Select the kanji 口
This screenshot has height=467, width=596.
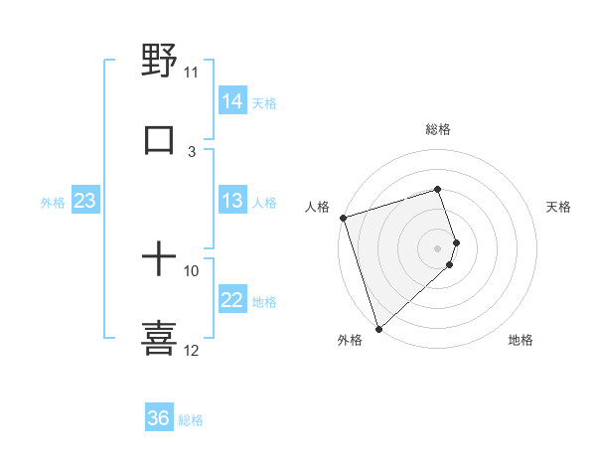point(159,139)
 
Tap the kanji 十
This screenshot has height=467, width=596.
point(159,259)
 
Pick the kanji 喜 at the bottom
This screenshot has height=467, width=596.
point(159,337)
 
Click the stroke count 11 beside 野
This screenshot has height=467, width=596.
point(192,73)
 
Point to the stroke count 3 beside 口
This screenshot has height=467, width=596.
point(192,152)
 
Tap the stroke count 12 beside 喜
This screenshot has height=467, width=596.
point(192,351)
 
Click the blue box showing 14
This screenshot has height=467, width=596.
point(232,101)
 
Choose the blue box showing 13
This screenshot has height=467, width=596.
point(232,202)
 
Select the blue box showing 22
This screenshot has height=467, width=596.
point(232,300)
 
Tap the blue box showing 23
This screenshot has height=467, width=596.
point(85,202)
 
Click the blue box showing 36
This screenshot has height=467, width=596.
point(159,418)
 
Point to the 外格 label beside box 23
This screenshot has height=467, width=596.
point(53,203)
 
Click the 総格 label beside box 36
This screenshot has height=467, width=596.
point(191,420)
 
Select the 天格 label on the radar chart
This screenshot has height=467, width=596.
point(559,207)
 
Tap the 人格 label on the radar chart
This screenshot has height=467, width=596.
point(317,207)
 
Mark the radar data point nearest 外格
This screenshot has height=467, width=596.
point(377,328)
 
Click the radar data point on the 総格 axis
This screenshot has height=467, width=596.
point(437,189)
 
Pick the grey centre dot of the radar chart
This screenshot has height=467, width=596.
point(437,247)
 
